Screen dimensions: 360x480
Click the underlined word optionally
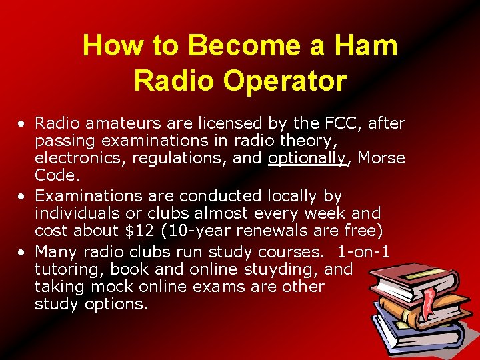[307, 158]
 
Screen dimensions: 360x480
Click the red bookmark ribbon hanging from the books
[425, 307]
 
